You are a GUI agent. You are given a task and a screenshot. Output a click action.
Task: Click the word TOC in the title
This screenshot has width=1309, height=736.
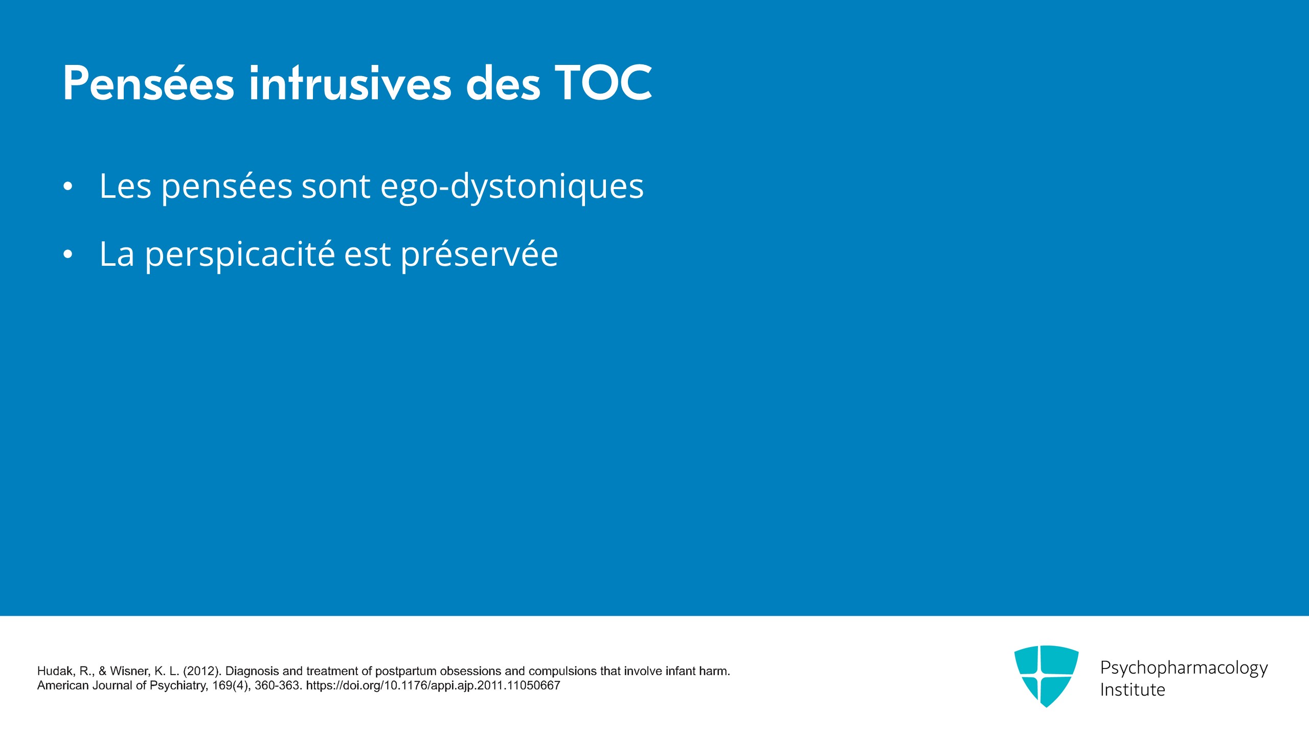point(604,83)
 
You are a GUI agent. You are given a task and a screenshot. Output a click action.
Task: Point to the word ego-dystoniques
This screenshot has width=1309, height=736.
point(512,187)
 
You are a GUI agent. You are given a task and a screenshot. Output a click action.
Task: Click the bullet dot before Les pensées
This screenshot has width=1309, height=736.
point(68,187)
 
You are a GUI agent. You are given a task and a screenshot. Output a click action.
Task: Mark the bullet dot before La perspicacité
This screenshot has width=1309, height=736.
point(68,254)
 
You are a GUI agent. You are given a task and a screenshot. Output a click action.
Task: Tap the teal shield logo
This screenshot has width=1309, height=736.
point(1046,676)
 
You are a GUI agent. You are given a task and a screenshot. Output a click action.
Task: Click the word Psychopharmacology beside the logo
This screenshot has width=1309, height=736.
point(1184,668)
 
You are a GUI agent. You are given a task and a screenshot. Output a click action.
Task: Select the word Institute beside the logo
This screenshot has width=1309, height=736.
point(1133,689)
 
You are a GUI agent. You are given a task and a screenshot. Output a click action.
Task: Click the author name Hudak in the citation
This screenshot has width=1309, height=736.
point(55,671)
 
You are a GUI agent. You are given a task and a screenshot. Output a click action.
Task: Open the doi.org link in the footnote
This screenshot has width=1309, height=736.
point(433,685)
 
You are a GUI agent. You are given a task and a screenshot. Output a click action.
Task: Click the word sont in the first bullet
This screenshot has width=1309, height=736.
point(336,187)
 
